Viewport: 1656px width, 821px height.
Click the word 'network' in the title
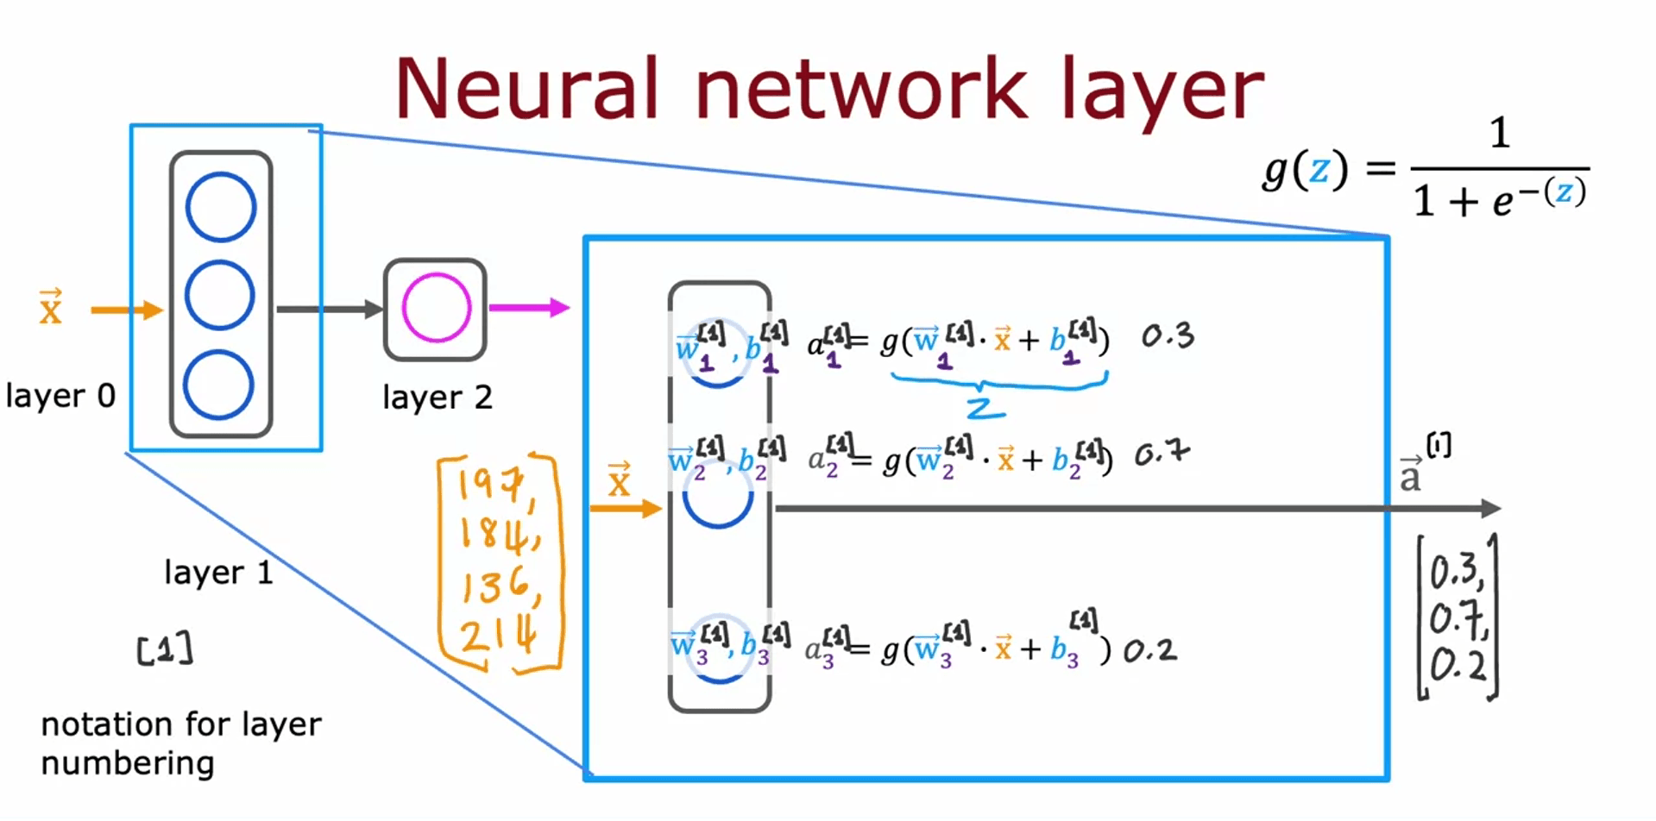tap(861, 89)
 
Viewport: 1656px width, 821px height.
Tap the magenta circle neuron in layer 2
tap(437, 308)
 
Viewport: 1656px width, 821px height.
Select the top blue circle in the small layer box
tap(221, 207)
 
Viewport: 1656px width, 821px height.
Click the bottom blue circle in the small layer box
tap(218, 385)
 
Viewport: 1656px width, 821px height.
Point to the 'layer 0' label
tap(60, 396)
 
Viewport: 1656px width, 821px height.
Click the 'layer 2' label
tap(437, 398)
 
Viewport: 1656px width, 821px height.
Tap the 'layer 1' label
tap(218, 573)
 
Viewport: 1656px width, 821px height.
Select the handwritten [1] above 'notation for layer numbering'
tap(165, 649)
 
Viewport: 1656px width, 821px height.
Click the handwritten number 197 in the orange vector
tap(491, 486)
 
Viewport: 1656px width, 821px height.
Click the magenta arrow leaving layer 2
tap(529, 307)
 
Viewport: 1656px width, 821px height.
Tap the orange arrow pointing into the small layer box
tap(126, 310)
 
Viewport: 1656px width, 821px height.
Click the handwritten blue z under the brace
tap(985, 407)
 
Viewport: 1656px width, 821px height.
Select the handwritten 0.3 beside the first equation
tap(1168, 336)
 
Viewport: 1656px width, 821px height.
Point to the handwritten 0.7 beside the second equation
tap(1162, 454)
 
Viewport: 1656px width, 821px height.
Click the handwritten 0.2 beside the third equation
tap(1149, 650)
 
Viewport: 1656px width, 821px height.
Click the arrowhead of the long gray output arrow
tap(1490, 508)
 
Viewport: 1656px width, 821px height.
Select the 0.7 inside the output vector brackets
tap(1458, 618)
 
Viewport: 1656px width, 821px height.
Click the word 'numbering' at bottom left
tap(128, 763)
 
